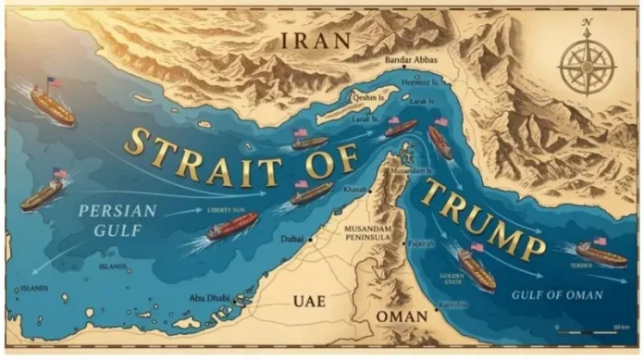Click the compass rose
coord(588,65)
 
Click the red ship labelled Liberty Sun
coord(231,226)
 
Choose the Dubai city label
coord(290,239)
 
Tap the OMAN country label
coord(402,317)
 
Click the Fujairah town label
coord(421,243)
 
